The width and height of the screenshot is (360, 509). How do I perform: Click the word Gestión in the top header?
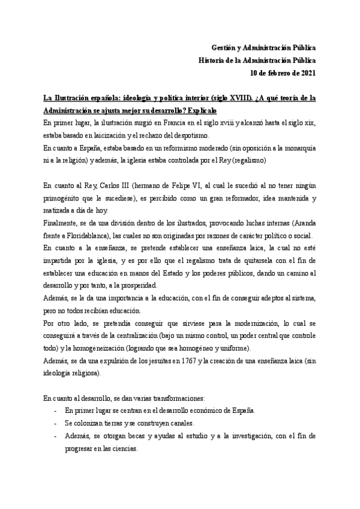pos(224,47)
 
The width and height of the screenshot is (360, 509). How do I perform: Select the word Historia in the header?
pos(212,61)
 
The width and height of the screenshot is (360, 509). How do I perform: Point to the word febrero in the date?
pos(275,74)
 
